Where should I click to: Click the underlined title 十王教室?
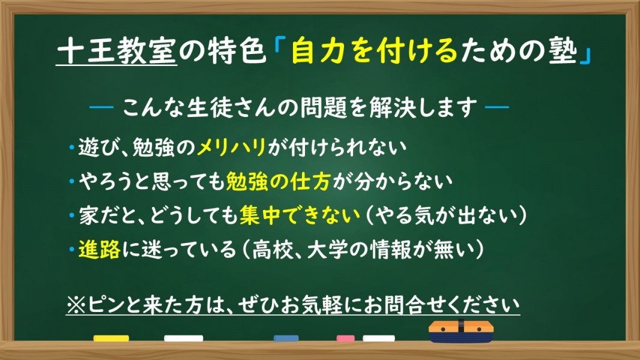coord(116,52)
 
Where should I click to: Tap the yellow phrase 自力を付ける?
coord(375,52)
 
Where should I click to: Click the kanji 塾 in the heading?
coord(563,52)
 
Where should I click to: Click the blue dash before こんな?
coord(101,107)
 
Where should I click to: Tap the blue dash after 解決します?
coord(497,107)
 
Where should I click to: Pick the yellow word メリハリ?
coord(231,147)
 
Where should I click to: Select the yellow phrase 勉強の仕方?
coord(278,181)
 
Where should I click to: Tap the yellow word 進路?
coord(99,249)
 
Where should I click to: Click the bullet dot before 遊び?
coord(71,147)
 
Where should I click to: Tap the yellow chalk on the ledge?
coord(111,338)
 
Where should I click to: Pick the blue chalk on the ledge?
coord(286,338)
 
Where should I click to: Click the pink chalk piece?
coord(345,338)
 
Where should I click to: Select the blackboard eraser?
coord(461,331)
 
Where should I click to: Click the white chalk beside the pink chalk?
coord(379,338)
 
